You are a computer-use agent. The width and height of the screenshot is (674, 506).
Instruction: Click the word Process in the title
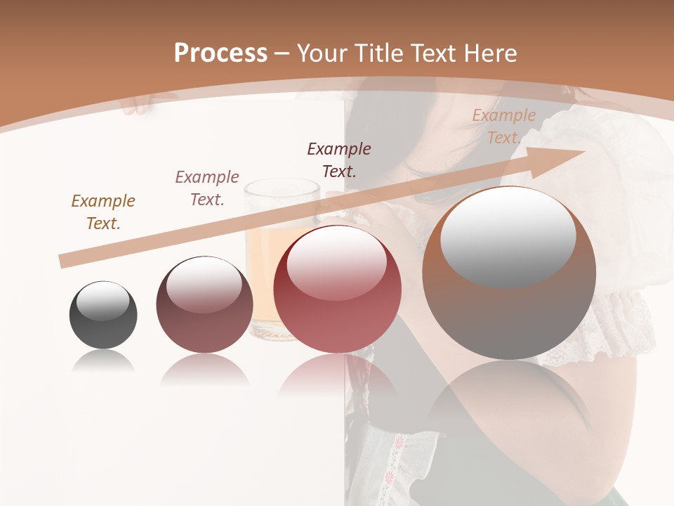220,53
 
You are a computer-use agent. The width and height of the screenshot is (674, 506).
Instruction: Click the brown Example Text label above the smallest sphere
103,212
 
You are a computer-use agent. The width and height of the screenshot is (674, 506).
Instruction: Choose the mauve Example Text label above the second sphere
207,188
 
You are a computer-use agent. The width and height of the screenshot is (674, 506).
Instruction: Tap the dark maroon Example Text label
339,160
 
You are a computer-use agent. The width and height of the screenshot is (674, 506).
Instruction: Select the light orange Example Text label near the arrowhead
503,126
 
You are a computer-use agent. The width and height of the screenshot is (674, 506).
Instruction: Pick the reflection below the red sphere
337,379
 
